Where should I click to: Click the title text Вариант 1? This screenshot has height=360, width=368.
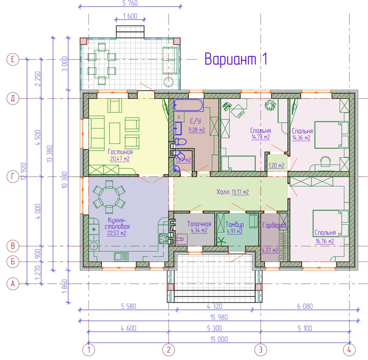point(236,58)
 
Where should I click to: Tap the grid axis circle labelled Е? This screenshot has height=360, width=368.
point(13,59)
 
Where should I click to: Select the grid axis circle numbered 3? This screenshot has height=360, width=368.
point(261,350)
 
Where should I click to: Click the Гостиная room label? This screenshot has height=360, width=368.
point(120,152)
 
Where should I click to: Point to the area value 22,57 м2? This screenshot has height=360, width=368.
point(117,233)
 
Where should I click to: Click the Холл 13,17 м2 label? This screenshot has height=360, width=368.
point(232,192)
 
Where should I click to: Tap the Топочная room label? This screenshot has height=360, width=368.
point(199,224)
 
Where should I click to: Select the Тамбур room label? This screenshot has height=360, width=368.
point(234,225)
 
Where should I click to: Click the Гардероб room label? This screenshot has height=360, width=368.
point(274,225)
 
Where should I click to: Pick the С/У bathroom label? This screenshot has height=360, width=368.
point(195,121)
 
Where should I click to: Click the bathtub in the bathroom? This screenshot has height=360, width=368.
point(188,105)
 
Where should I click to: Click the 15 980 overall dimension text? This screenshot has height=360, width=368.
point(219,317)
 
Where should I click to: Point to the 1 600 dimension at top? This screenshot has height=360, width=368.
point(130,16)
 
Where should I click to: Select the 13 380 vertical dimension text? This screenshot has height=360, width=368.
point(49,154)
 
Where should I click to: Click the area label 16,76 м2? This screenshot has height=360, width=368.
point(325,241)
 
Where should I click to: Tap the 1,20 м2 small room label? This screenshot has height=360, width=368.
point(276,165)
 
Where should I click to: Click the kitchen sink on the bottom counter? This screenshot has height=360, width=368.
point(121,257)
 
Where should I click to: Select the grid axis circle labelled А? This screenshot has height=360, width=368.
point(13,284)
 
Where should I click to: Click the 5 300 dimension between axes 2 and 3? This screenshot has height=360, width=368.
point(214,328)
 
